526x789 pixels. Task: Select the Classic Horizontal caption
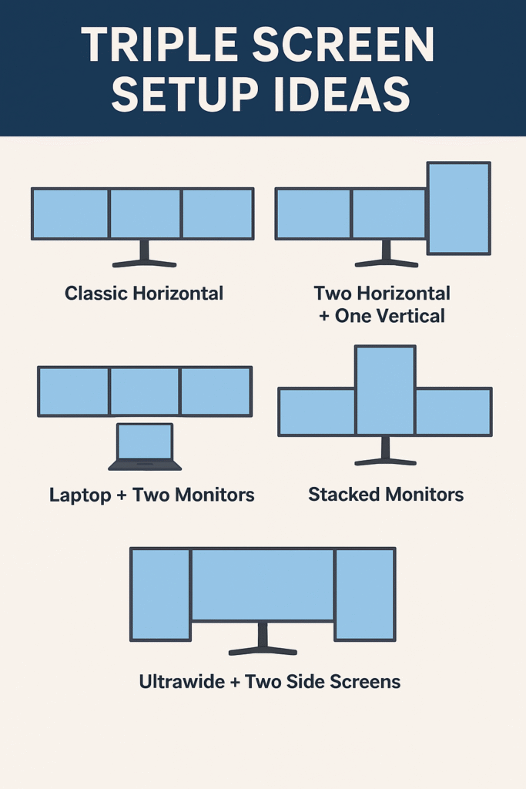pos(144,293)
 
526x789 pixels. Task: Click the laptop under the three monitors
pos(145,446)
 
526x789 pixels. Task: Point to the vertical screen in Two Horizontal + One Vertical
pos(458,207)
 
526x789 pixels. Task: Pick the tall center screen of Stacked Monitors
pos(385,390)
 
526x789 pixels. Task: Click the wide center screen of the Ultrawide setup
pos(263,584)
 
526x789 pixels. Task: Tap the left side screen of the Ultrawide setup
pos(161,593)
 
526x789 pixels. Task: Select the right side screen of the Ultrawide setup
pos(364,593)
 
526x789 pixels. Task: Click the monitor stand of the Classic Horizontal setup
pos(144,255)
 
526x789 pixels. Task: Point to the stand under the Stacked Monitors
pos(385,452)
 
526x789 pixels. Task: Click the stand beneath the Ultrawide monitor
pos(263,641)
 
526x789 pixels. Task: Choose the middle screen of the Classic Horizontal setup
pos(145,213)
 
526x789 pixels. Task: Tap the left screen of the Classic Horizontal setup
pos(70,213)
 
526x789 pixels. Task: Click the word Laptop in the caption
pos(80,494)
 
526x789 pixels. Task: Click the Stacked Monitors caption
pos(386,494)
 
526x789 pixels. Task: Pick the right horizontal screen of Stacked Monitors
pos(453,411)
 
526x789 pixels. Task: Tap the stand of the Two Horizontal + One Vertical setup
pos(386,255)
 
